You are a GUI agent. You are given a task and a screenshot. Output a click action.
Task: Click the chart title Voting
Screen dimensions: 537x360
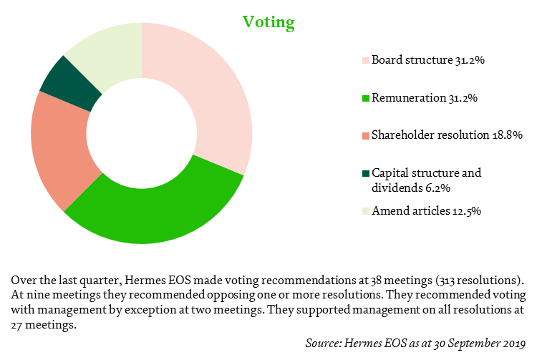click(268, 23)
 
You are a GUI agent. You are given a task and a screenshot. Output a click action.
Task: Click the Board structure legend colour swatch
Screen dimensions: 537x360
click(366, 61)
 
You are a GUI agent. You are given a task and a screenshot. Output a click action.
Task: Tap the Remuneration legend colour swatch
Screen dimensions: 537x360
click(366, 98)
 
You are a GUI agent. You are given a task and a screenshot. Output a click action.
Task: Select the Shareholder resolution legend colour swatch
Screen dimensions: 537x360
click(366, 136)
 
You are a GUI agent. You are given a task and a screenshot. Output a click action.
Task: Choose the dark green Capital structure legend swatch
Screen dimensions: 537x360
click(366, 173)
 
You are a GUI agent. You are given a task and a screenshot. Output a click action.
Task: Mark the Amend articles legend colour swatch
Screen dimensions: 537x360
click(366, 211)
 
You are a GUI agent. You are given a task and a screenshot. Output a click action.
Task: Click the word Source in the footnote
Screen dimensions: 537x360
click(323, 343)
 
